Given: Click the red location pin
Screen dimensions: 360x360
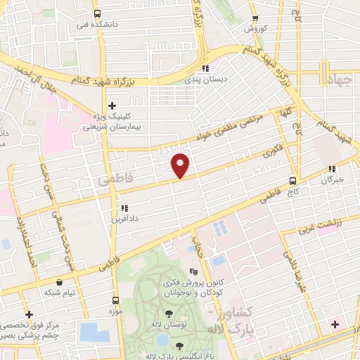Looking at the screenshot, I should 181,164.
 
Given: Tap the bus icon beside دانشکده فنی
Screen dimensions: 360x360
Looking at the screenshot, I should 97,13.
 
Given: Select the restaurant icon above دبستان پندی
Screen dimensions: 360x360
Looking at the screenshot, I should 205,68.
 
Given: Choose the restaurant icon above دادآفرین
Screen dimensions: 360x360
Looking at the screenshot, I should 124,208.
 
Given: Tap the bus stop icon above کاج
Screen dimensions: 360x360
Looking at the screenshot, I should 293,180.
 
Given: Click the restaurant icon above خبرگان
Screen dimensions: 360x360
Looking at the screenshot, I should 332,169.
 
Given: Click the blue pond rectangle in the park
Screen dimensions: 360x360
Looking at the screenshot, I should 95,333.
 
